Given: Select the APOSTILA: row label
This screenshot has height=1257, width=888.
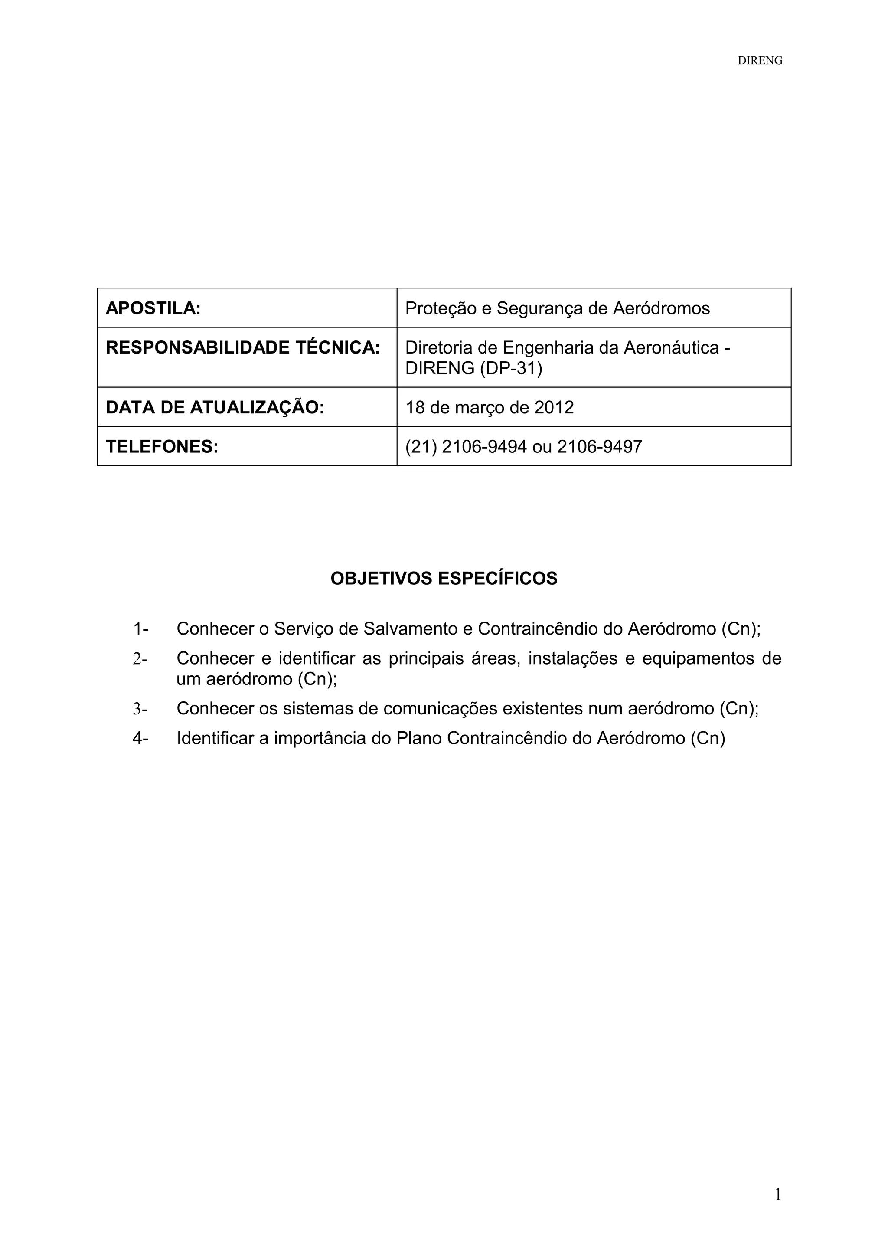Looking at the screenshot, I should pos(153,308).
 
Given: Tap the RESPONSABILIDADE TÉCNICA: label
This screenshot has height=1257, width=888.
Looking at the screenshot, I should pos(242,347).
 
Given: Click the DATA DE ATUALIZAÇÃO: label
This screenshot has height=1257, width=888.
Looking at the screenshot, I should pos(215,407).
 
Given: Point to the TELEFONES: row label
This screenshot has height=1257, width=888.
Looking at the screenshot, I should pos(162,447).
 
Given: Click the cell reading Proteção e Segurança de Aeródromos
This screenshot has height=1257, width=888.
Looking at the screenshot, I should pos(557,308).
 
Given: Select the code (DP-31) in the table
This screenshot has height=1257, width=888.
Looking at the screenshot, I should pos(511,368).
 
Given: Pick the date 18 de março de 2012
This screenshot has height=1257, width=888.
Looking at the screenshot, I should pos(489,407).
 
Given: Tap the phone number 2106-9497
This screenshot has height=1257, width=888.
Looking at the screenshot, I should pos(599,447).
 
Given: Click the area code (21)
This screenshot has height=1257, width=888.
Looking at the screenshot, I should pos(420,447).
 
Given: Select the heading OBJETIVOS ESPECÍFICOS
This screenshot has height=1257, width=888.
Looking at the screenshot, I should pos(444,578).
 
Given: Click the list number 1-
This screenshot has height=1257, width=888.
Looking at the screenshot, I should pos(140,628).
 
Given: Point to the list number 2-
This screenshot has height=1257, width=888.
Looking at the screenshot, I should pos(140,658).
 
